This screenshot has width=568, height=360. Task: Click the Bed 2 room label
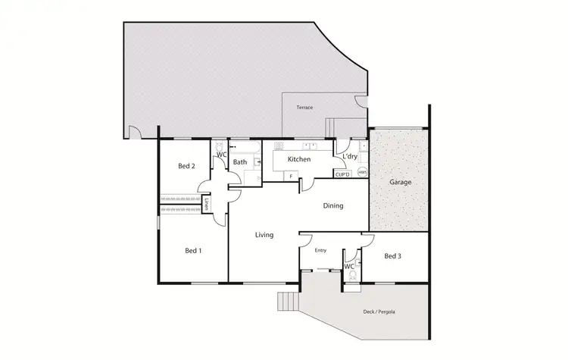[187, 167]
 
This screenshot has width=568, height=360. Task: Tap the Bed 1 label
[194, 250]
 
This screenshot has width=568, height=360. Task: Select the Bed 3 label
[392, 256]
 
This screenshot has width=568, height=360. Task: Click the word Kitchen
[298, 159]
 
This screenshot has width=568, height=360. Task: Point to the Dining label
[333, 205]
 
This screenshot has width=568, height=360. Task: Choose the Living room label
[263, 235]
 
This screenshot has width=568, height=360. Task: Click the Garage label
[401, 183]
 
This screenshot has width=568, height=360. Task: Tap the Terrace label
[304, 108]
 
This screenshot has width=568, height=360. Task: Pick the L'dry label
[350, 156]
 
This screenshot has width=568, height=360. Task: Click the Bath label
[240, 161]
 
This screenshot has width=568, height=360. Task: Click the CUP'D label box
[342, 175]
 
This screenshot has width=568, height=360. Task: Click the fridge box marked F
[290, 177]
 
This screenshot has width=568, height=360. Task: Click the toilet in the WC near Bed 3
[352, 276]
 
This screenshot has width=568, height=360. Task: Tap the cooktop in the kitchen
[279, 145]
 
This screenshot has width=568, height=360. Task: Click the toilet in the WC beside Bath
[218, 146]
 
